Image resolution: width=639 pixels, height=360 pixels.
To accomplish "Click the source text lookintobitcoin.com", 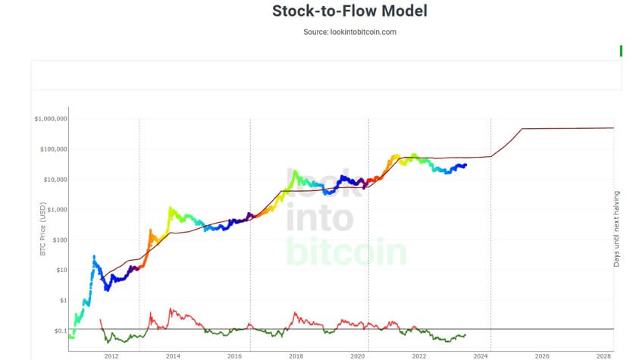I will (x=349, y=32).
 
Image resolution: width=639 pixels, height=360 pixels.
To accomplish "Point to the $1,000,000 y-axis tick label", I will (x=51, y=119).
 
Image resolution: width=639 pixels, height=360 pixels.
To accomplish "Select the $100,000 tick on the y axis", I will (x=52, y=149).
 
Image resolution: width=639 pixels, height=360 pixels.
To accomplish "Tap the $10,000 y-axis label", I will (x=54, y=180).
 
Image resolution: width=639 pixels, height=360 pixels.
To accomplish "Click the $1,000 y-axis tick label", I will (x=55, y=210).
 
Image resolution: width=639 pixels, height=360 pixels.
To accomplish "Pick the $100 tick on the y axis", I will (x=58, y=240).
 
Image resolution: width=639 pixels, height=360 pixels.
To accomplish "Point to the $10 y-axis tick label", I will (x=59, y=270).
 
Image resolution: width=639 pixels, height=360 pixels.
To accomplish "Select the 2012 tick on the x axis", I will (x=111, y=355).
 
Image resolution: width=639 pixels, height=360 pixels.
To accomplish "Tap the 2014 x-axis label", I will (x=173, y=355).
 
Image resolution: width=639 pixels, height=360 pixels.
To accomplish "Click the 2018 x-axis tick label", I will (x=296, y=355).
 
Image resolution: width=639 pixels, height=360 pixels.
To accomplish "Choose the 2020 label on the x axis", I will (x=357, y=355).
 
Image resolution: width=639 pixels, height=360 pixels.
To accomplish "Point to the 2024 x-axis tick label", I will (x=481, y=355).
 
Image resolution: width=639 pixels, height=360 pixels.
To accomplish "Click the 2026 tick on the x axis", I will (x=542, y=355).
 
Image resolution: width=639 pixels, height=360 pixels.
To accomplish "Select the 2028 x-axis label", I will (x=604, y=355).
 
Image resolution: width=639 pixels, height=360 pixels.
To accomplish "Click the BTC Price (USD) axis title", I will (x=43, y=227).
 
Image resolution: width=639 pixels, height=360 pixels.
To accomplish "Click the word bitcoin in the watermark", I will (x=346, y=252).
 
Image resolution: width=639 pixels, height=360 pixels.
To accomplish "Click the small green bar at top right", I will (x=621, y=51).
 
